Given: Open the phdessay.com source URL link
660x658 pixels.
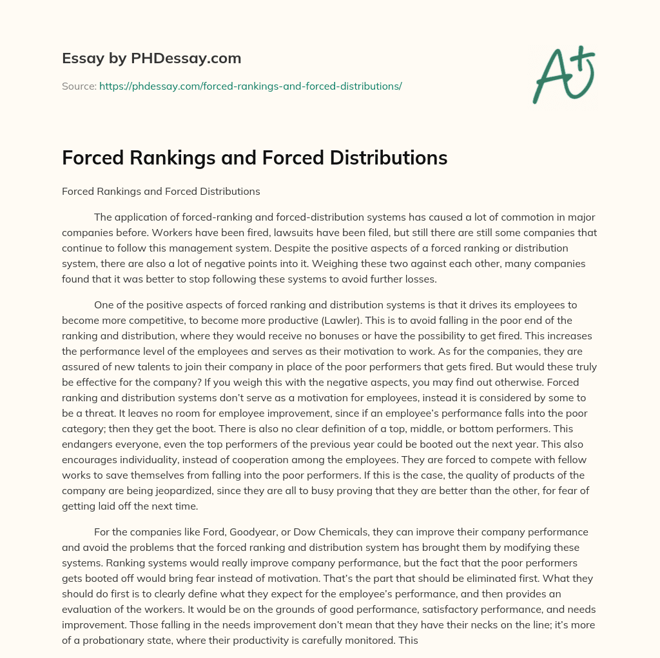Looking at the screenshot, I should click(250, 86).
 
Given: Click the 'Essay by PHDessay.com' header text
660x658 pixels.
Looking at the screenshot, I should click(151, 59).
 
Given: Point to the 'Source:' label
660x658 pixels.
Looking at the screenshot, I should click(79, 86).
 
